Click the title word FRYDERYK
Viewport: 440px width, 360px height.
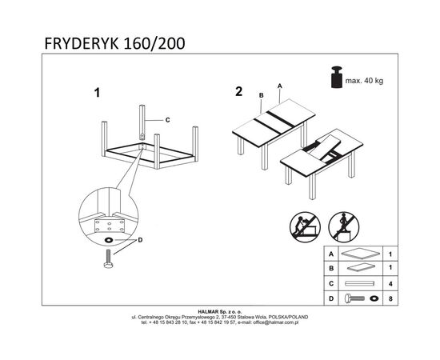click(x=82, y=43)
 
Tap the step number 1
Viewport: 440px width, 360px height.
click(x=97, y=93)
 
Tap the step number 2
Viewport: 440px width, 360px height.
click(x=239, y=91)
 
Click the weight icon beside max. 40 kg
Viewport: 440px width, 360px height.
click(x=337, y=77)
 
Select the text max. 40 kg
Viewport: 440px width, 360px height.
click(x=364, y=81)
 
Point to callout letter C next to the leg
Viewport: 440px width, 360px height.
click(x=167, y=120)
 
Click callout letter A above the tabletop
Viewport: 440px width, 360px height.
click(x=279, y=86)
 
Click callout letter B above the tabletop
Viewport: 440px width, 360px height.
click(x=262, y=95)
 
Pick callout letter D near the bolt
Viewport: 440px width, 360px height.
click(x=140, y=240)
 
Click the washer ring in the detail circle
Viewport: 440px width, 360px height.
click(x=108, y=240)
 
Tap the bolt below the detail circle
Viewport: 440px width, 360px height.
click(x=108, y=258)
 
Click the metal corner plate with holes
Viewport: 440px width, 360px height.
click(x=110, y=226)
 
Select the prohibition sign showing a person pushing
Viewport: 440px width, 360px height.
click(x=305, y=227)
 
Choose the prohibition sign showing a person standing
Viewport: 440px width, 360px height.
click(x=344, y=227)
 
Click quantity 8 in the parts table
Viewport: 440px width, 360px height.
click(x=390, y=299)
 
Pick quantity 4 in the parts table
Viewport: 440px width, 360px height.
click(x=390, y=284)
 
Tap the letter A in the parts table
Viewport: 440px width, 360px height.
click(x=331, y=254)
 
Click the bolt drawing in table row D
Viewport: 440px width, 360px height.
click(x=354, y=298)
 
